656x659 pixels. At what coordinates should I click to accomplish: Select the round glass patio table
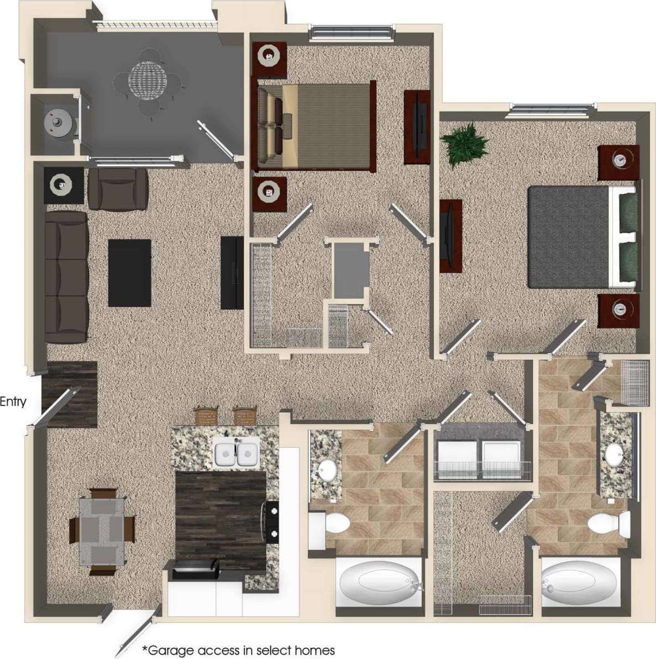(x=146, y=79)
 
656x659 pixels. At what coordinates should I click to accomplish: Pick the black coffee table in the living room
(x=130, y=272)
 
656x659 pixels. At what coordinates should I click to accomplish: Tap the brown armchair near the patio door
(x=118, y=188)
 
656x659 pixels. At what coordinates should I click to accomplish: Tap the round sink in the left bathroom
(x=325, y=471)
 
